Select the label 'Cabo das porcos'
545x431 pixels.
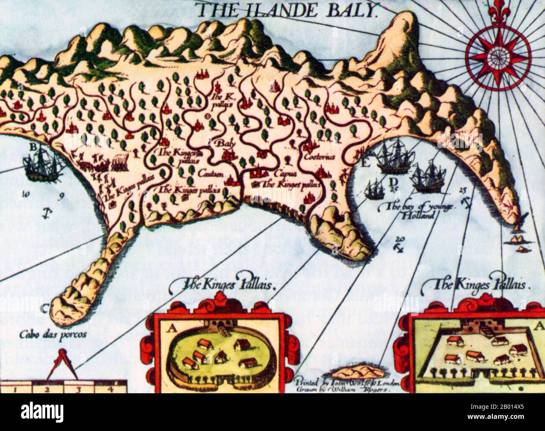click(53, 334)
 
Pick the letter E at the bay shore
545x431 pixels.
click(364, 164)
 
